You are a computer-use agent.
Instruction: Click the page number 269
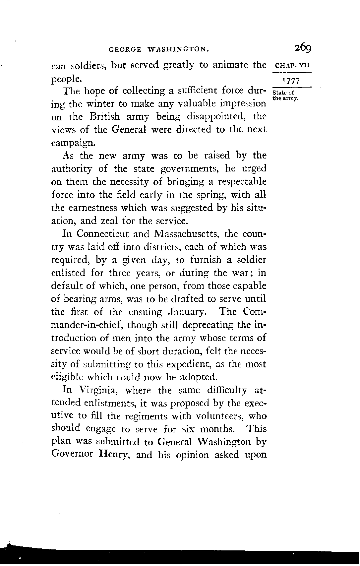coord(302,48)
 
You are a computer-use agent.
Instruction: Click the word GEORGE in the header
coord(125,50)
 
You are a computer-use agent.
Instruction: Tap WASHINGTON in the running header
coord(178,50)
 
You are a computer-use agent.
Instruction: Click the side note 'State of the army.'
coord(285,95)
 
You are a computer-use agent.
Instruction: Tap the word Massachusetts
coord(186,234)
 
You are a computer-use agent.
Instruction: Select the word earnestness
coord(92,208)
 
